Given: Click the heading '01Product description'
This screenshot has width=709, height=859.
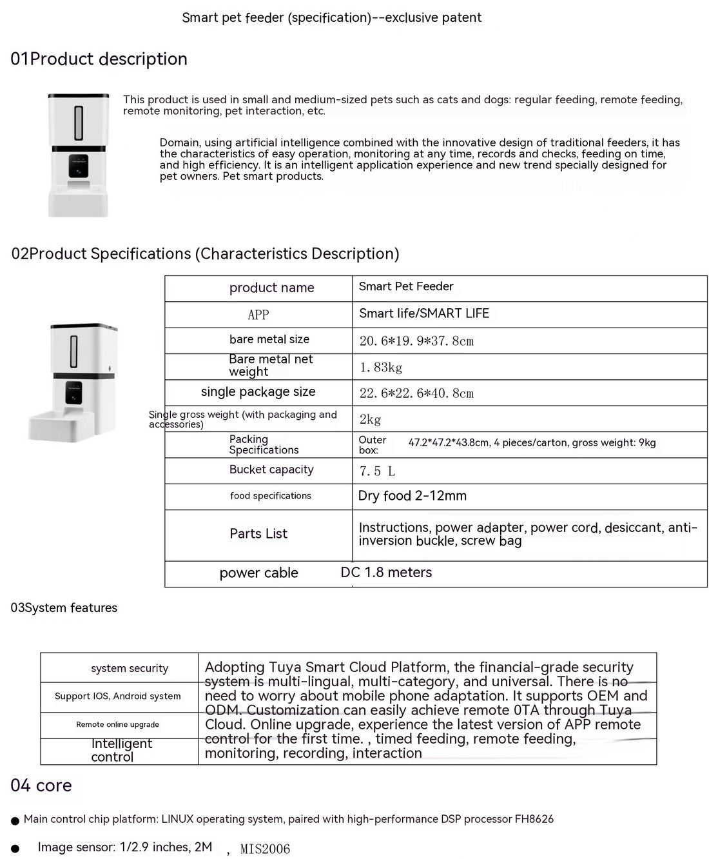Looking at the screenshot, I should point(99,59).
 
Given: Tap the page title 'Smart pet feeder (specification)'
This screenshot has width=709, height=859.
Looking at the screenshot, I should point(331,18).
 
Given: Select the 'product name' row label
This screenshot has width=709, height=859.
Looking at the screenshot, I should point(271,288).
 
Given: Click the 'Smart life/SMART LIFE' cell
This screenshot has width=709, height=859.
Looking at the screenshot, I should point(423,314).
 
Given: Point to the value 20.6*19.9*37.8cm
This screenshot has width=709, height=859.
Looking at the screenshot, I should point(416,341).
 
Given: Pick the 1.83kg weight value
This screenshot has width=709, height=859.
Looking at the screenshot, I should point(381,368).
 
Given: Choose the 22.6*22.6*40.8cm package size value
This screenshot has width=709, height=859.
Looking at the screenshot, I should point(416,393).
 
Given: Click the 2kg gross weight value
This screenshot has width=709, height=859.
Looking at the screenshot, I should point(370,420).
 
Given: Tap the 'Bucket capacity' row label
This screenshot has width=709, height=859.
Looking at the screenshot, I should point(271,470).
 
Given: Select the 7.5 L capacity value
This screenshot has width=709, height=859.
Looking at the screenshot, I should point(377,471).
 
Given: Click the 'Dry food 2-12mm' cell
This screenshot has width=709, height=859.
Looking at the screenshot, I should point(412,496).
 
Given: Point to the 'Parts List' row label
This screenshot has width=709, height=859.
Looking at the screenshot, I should point(258,534).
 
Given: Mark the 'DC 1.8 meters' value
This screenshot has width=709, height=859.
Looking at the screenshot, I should point(386,573).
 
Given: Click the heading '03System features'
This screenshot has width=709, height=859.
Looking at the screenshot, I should point(64,608).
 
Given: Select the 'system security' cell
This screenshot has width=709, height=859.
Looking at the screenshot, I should point(130,669).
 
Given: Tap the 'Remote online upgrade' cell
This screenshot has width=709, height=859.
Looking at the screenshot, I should point(117,725).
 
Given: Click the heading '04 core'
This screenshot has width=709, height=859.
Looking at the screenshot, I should point(41,785).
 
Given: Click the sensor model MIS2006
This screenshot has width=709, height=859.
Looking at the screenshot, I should point(265,849).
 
